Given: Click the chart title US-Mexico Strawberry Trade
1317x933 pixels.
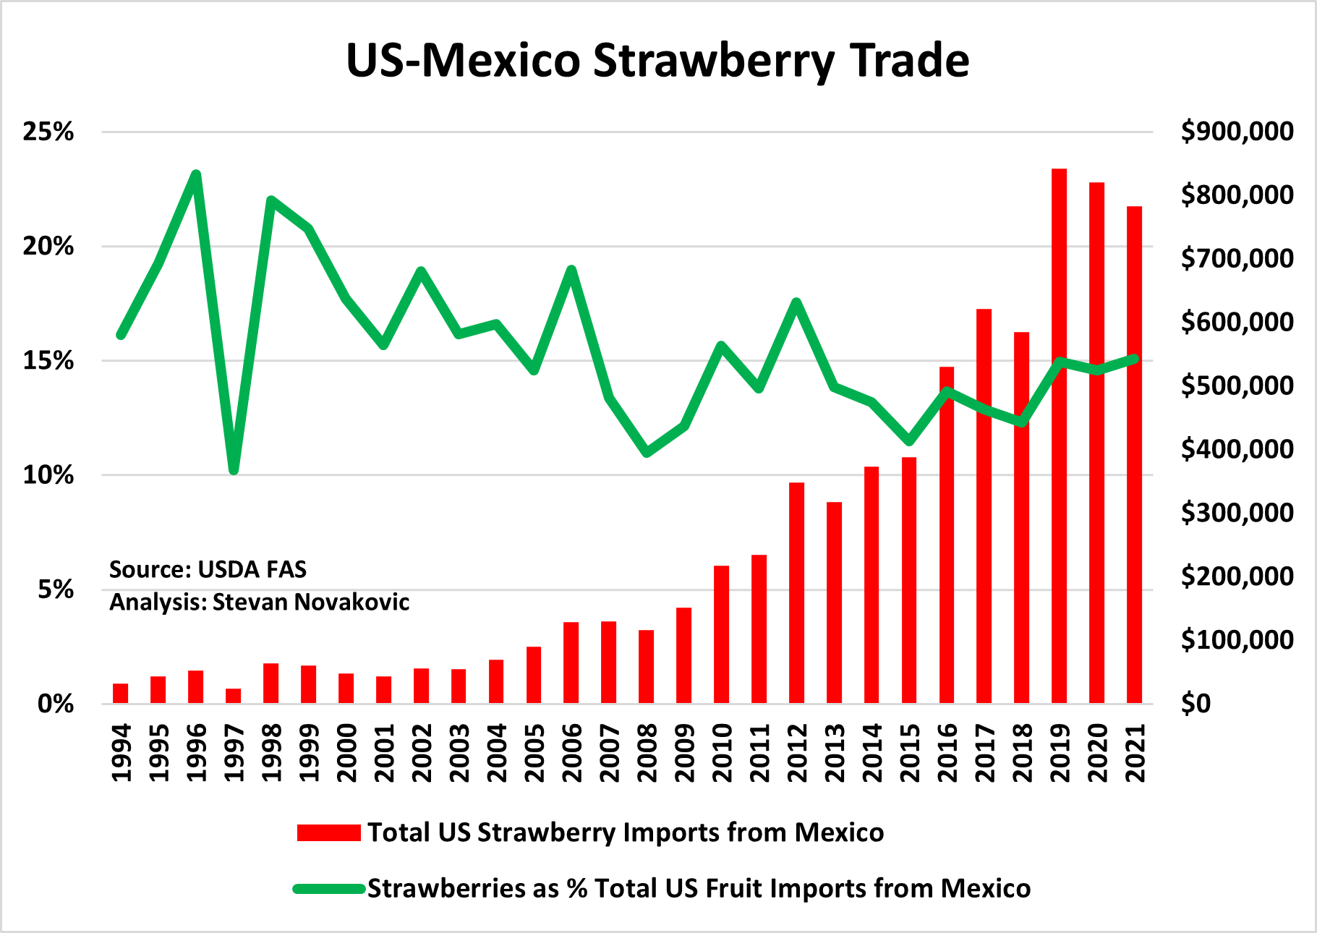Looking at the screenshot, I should [x=657, y=61].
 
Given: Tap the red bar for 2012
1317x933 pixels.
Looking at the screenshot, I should [x=796, y=592].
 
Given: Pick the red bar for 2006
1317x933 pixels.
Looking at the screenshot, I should [x=571, y=662].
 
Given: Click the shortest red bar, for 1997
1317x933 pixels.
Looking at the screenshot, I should [x=233, y=696].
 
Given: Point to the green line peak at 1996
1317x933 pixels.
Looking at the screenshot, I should [x=196, y=175].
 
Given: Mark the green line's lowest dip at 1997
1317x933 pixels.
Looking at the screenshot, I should [x=234, y=470].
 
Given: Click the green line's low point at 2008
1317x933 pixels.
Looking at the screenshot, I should [x=647, y=453].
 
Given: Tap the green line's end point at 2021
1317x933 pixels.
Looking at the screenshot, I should [x=1134, y=359].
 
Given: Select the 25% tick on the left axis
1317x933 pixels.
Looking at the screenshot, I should [x=48, y=132].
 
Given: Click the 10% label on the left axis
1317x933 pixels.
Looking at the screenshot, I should [x=48, y=475].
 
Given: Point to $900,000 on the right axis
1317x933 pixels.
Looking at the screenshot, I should [x=1237, y=132].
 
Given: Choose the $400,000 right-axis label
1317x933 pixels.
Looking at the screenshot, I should [x=1237, y=449].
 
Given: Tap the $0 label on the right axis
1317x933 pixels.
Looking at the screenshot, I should [x=1195, y=703].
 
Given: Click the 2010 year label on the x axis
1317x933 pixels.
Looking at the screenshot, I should [x=722, y=753].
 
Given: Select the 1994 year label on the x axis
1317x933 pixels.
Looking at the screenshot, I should [x=121, y=753].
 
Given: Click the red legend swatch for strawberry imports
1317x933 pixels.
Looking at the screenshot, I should [x=329, y=832].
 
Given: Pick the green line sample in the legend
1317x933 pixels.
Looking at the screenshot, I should [x=329, y=889].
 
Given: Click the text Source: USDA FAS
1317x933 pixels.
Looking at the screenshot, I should [x=208, y=570].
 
